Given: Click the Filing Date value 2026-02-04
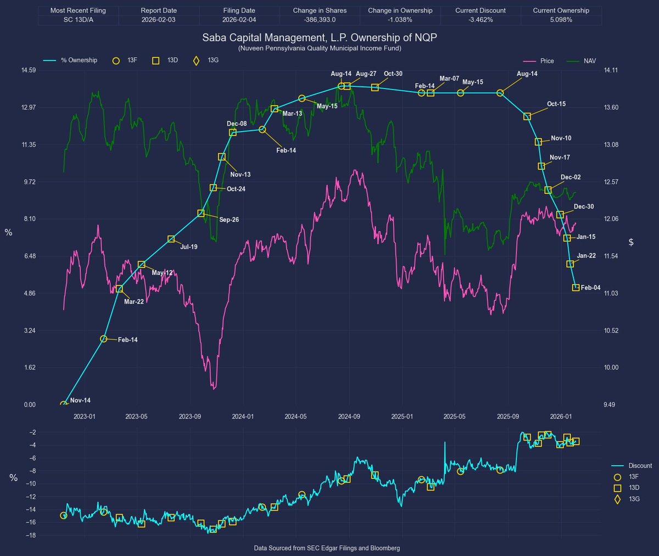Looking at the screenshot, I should [239, 20].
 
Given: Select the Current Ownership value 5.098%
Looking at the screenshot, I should [561, 20].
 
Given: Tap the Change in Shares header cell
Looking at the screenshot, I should [320, 10].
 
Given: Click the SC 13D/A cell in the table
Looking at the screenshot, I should [78, 20].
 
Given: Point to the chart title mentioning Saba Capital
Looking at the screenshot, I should [320, 37].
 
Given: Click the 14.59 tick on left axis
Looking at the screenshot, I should [29, 70].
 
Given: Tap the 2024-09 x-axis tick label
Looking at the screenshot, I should [349, 417].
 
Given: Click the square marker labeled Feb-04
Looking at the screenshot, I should [576, 288].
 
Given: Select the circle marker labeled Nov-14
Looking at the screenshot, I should [64, 405].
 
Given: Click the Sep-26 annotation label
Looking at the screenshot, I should [229, 220].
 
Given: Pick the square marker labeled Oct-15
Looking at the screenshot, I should [527, 116].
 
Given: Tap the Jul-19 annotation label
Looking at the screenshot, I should [189, 247].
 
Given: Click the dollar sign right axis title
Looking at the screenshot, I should [631, 242].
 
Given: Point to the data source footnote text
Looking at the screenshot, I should [327, 548].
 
